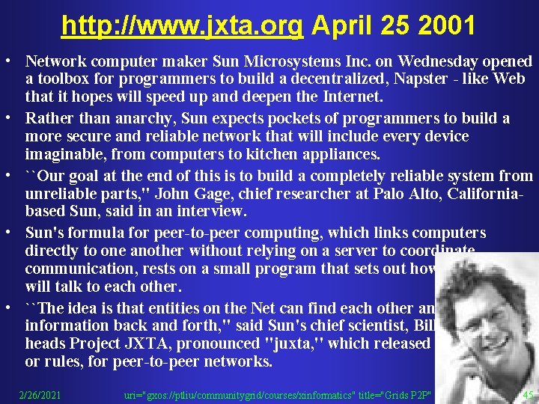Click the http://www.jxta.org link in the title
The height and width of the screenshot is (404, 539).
click(182, 26)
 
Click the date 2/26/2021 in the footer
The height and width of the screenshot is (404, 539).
click(40, 394)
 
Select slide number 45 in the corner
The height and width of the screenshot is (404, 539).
click(528, 394)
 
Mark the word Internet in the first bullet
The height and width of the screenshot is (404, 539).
click(352, 97)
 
